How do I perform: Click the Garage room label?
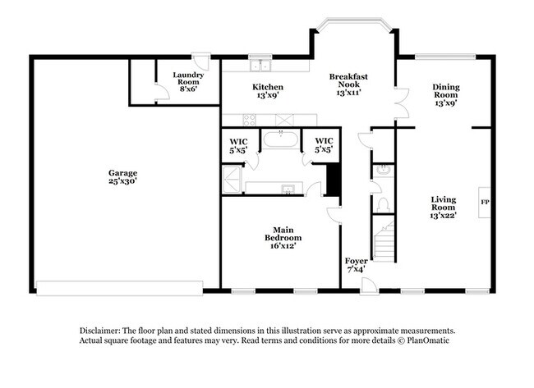(x=122, y=177)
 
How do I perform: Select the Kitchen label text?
(x=268, y=91)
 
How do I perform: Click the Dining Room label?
(x=446, y=95)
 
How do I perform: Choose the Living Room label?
(x=444, y=207)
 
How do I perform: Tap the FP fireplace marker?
(x=485, y=202)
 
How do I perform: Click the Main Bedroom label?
(x=279, y=237)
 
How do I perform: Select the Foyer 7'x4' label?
(x=357, y=265)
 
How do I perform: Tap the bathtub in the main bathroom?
(x=281, y=139)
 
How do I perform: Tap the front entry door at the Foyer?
(x=369, y=285)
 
